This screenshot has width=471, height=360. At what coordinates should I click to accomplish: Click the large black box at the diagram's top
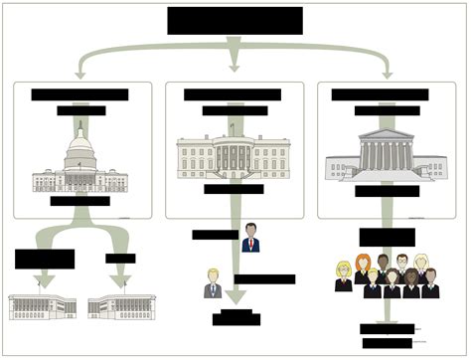coord(235,20)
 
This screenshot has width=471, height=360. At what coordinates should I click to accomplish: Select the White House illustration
coord(235,157)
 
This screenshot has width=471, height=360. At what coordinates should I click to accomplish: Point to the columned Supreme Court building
coord(385,155)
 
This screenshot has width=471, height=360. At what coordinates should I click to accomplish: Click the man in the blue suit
coord(250,238)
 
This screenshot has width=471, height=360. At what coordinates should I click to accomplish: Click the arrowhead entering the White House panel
coord(235,68)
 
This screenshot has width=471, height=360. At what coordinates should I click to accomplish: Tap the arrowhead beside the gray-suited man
coord(235,294)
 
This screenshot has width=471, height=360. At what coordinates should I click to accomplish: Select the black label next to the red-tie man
coord(215,235)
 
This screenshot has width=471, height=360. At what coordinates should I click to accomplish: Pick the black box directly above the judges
coord(387,237)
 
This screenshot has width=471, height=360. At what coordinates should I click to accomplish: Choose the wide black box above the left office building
coord(45,259)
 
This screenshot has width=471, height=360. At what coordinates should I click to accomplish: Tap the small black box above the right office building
coord(120,259)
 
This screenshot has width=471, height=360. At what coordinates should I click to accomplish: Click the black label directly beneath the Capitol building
coord(79,201)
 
